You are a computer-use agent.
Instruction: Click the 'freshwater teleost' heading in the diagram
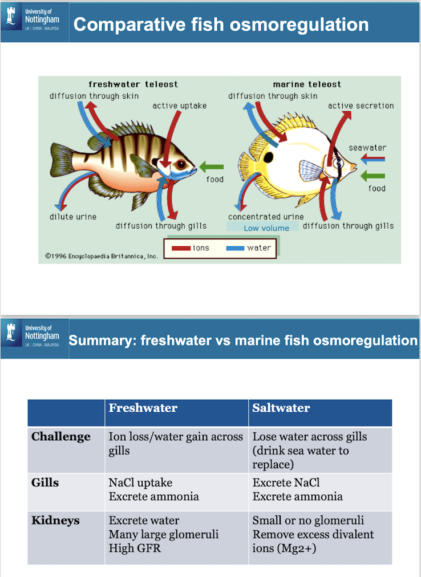coord(133,84)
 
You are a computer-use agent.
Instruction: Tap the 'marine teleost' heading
coord(307,84)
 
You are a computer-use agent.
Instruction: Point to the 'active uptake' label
coord(180,106)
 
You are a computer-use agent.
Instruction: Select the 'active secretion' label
coord(361,106)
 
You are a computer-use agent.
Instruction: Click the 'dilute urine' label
coord(72,217)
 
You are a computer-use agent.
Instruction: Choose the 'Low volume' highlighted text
coord(266,228)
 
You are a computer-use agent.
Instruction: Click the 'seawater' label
coord(367,148)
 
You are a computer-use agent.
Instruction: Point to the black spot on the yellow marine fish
coord(269,157)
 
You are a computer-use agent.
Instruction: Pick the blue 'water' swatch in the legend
coord(234,248)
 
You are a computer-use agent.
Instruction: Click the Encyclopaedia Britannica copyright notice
coord(102,256)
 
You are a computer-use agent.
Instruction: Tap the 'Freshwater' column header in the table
coord(143,408)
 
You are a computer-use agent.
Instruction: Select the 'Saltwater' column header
coord(281,408)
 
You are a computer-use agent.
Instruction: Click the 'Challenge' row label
coord(61,437)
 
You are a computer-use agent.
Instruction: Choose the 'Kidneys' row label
coord(55,521)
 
